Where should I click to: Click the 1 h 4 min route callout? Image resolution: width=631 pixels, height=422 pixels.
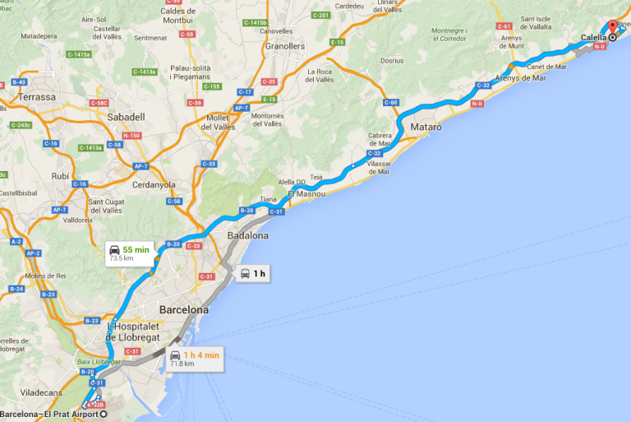point(194,358)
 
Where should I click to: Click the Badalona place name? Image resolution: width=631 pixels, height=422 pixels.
point(247,235)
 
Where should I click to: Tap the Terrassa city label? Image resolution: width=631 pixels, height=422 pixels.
point(38,97)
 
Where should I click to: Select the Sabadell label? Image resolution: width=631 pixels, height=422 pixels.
point(126,117)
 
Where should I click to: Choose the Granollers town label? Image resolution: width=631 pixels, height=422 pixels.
point(284,47)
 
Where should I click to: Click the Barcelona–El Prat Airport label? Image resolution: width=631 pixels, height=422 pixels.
point(49,414)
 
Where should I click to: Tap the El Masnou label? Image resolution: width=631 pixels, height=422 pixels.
point(306,193)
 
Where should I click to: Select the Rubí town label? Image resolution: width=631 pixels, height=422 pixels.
point(60,175)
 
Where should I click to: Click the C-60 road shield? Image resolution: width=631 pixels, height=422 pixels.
point(391,102)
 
